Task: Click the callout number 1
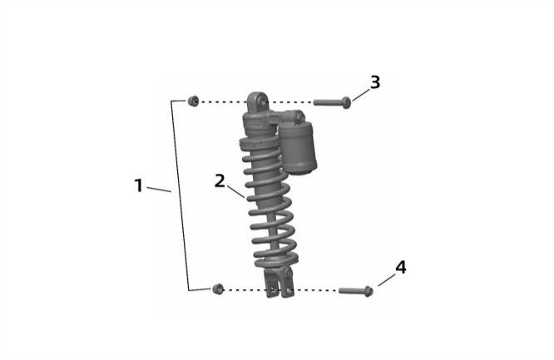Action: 139,185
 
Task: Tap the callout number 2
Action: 220,180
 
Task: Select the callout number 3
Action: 375,82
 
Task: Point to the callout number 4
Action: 400,268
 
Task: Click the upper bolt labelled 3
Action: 332,102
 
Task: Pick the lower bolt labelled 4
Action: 355,291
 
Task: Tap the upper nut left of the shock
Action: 193,101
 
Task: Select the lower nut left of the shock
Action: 218,288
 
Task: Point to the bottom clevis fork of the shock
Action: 277,283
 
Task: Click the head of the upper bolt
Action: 347,102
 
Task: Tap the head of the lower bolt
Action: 369,291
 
